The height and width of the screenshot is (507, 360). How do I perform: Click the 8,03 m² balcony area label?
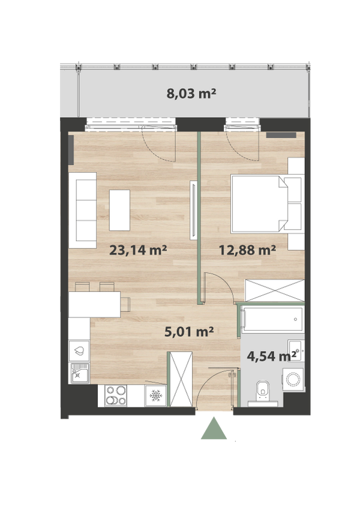[x=191, y=94]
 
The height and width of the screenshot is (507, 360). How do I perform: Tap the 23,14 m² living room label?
[x=138, y=250]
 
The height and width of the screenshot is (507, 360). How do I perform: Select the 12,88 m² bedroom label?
[x=247, y=250]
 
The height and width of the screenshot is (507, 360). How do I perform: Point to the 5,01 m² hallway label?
[x=189, y=331]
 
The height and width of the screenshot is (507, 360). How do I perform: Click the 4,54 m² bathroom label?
[x=271, y=356]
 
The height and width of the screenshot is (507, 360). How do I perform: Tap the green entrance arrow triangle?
[x=214, y=428]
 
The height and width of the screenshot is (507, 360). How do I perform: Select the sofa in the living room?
[x=82, y=211]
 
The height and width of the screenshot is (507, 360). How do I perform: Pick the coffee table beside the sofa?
[x=119, y=210]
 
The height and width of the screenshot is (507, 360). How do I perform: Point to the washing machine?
[x=293, y=379]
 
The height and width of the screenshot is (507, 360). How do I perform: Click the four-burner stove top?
[x=116, y=395]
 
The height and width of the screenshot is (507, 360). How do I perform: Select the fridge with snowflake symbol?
[x=155, y=395]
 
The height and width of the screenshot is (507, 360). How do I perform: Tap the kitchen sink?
[x=80, y=373]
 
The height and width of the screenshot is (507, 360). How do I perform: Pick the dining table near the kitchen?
[x=94, y=304]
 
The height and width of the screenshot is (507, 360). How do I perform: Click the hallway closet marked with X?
[x=181, y=379]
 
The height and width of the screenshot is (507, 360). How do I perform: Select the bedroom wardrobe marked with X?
[x=275, y=290]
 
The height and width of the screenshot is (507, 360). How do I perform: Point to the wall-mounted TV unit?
[x=193, y=210]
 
